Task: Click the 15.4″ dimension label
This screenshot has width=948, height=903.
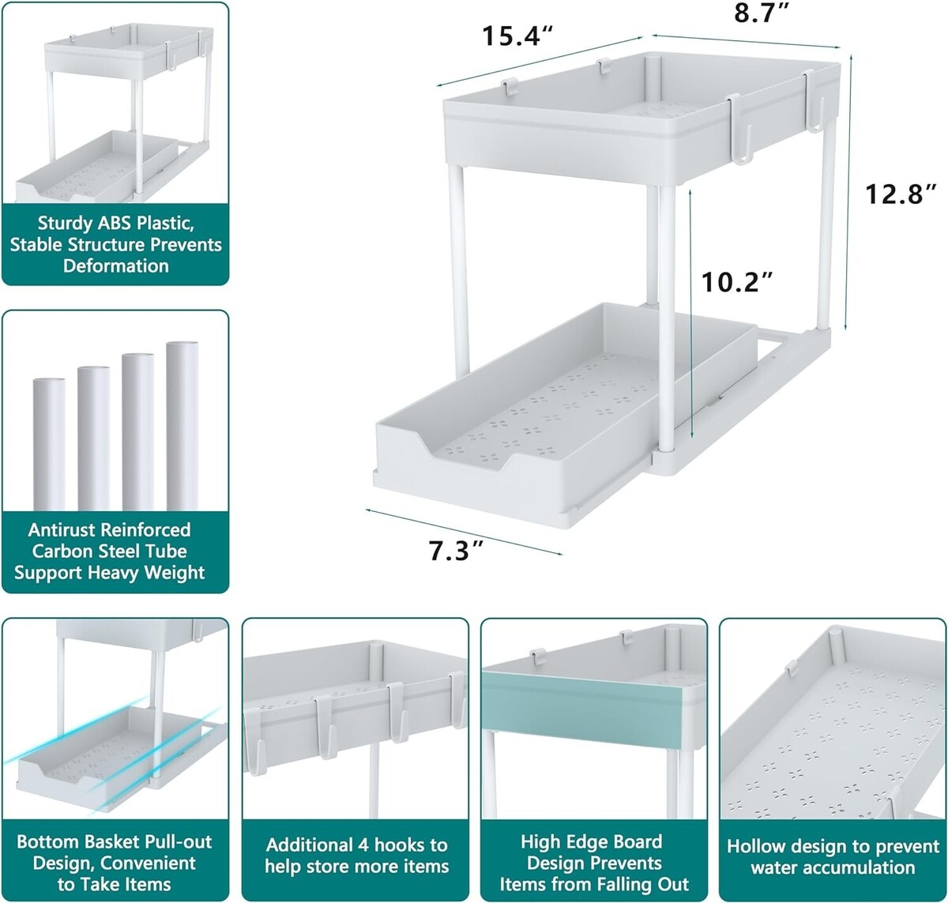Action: click(517, 36)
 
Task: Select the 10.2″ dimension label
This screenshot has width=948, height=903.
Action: click(737, 282)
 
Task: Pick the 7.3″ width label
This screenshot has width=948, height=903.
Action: click(456, 551)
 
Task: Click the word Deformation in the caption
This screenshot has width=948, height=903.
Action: click(115, 265)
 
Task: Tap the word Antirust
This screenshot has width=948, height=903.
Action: click(62, 529)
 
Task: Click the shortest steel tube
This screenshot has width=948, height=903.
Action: click(49, 444)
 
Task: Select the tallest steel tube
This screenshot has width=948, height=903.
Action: click(182, 426)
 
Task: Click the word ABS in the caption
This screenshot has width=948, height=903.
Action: click(115, 223)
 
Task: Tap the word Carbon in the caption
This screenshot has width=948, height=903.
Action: click(61, 551)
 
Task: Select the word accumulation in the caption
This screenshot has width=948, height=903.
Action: click(833, 867)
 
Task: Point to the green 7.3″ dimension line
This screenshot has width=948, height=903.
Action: click(464, 532)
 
